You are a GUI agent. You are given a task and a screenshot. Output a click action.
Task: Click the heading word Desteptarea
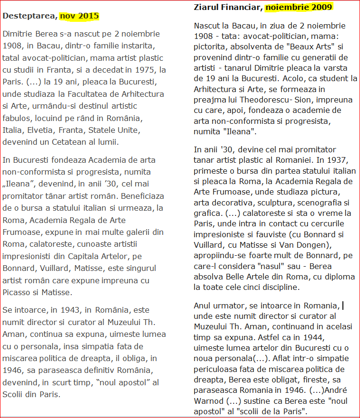tap(29, 16)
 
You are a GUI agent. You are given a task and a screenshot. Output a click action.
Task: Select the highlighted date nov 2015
tap(79, 16)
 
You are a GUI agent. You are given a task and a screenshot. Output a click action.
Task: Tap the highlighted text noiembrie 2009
tap(299, 7)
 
